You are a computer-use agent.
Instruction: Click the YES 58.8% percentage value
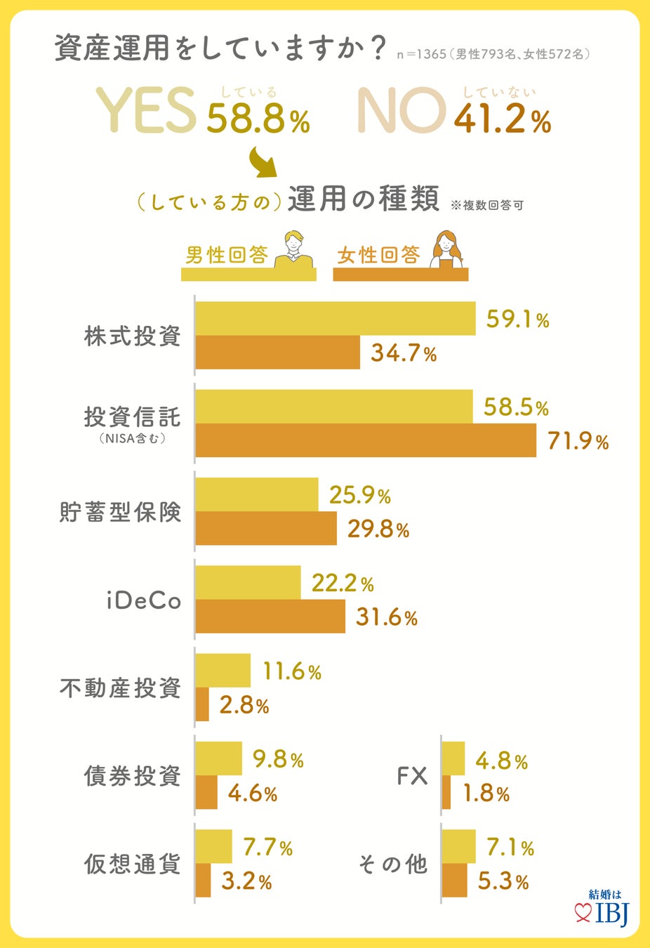point(258,119)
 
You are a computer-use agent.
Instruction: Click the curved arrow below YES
point(263,163)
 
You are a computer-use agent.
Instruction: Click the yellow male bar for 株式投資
point(335,319)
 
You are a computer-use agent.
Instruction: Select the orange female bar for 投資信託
point(365,440)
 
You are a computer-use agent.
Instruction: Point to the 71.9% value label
point(578,442)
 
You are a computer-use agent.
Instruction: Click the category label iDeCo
point(144,601)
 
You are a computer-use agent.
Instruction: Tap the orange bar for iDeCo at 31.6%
point(270,617)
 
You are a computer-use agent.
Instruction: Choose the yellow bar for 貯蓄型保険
point(256,494)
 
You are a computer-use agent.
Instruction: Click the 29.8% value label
point(378,529)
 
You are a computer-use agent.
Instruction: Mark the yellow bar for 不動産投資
point(223,671)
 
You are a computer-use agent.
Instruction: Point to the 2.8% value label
point(244,705)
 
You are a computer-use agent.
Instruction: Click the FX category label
point(411,776)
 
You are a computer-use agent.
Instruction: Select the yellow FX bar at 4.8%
point(453,758)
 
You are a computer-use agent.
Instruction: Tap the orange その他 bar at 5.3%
point(455,881)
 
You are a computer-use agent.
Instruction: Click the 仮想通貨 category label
point(133,864)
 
